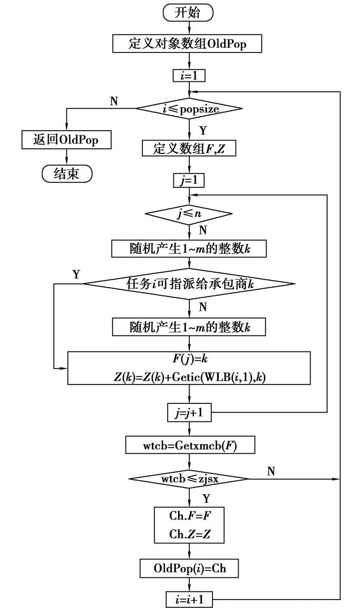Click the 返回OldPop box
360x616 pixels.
click(x=66, y=139)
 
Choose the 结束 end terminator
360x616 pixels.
click(x=67, y=173)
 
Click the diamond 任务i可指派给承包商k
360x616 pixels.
click(x=189, y=284)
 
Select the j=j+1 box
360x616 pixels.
click(x=190, y=411)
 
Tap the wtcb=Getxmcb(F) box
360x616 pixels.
click(x=190, y=445)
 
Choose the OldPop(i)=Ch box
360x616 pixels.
click(x=190, y=569)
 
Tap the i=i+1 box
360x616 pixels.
click(x=190, y=601)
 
